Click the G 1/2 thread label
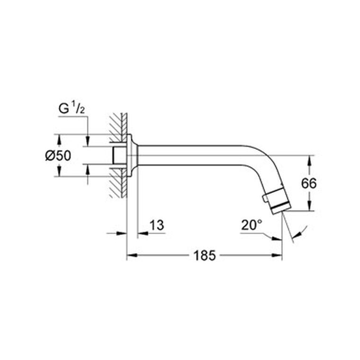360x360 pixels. pyautogui.click(x=72, y=108)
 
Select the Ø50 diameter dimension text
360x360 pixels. pyautogui.click(x=58, y=156)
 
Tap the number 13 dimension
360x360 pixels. pyautogui.click(x=157, y=225)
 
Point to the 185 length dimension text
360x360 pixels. pyautogui.click(x=205, y=255)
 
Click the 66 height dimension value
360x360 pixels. pyautogui.click(x=309, y=183)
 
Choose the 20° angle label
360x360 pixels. pyautogui.click(x=252, y=225)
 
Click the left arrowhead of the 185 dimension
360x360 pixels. pyautogui.click(x=132, y=255)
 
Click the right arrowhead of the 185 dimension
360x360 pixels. pyautogui.click(x=277, y=255)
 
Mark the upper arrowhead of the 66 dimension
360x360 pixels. pyautogui.click(x=309, y=161)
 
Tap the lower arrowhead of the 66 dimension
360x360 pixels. pyautogui.click(x=309, y=206)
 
